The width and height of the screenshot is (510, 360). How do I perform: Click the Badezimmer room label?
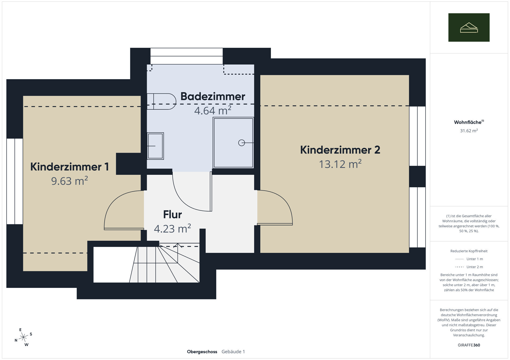[213, 96]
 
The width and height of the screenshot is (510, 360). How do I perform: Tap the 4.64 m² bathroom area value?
[213, 110]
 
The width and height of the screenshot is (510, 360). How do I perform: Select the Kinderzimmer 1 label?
[70, 167]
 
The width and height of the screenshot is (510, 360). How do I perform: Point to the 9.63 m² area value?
[70, 181]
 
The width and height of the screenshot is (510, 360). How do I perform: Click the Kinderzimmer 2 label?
[340, 150]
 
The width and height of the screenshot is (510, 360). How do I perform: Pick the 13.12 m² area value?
[340, 164]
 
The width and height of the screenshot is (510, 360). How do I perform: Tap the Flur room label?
[172, 214]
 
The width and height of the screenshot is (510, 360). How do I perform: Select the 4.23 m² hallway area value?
[172, 228]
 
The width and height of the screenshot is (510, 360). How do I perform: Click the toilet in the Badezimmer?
[161, 102]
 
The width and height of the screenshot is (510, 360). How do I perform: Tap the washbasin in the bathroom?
[155, 146]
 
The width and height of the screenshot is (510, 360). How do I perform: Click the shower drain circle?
[241, 143]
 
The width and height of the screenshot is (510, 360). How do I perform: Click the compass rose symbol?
[24, 337]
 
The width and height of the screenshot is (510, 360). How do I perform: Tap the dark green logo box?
[469, 27]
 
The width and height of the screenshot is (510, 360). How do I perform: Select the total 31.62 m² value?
[469, 130]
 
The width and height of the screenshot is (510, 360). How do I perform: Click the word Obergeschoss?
[202, 352]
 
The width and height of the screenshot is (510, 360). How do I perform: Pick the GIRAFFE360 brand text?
[469, 345]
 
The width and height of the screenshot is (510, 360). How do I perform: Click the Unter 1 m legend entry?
[469, 259]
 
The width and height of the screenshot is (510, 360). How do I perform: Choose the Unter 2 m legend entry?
[469, 267]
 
